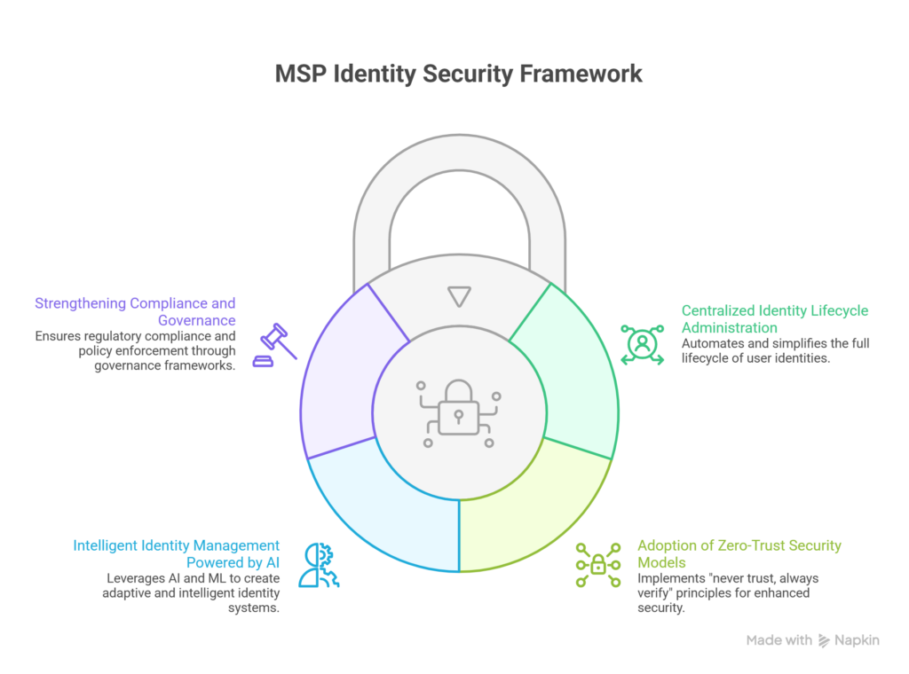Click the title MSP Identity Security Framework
pyautogui.click(x=458, y=74)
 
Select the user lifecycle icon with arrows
pyautogui.click(x=642, y=343)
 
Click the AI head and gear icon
pyautogui.click(x=319, y=565)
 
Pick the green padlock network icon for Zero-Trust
pyautogui.click(x=597, y=564)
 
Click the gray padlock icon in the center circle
pyautogui.click(x=458, y=412)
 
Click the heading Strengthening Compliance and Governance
pyautogui.click(x=135, y=312)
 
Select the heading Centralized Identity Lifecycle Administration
pyautogui.click(x=774, y=319)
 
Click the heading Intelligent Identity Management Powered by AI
pyautogui.click(x=176, y=554)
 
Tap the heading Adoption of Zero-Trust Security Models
pyautogui.click(x=739, y=554)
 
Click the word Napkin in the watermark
pyautogui.click(x=858, y=640)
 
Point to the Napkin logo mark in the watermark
pyautogui.click(x=825, y=640)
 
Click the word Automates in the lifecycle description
pyautogui.click(x=711, y=343)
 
